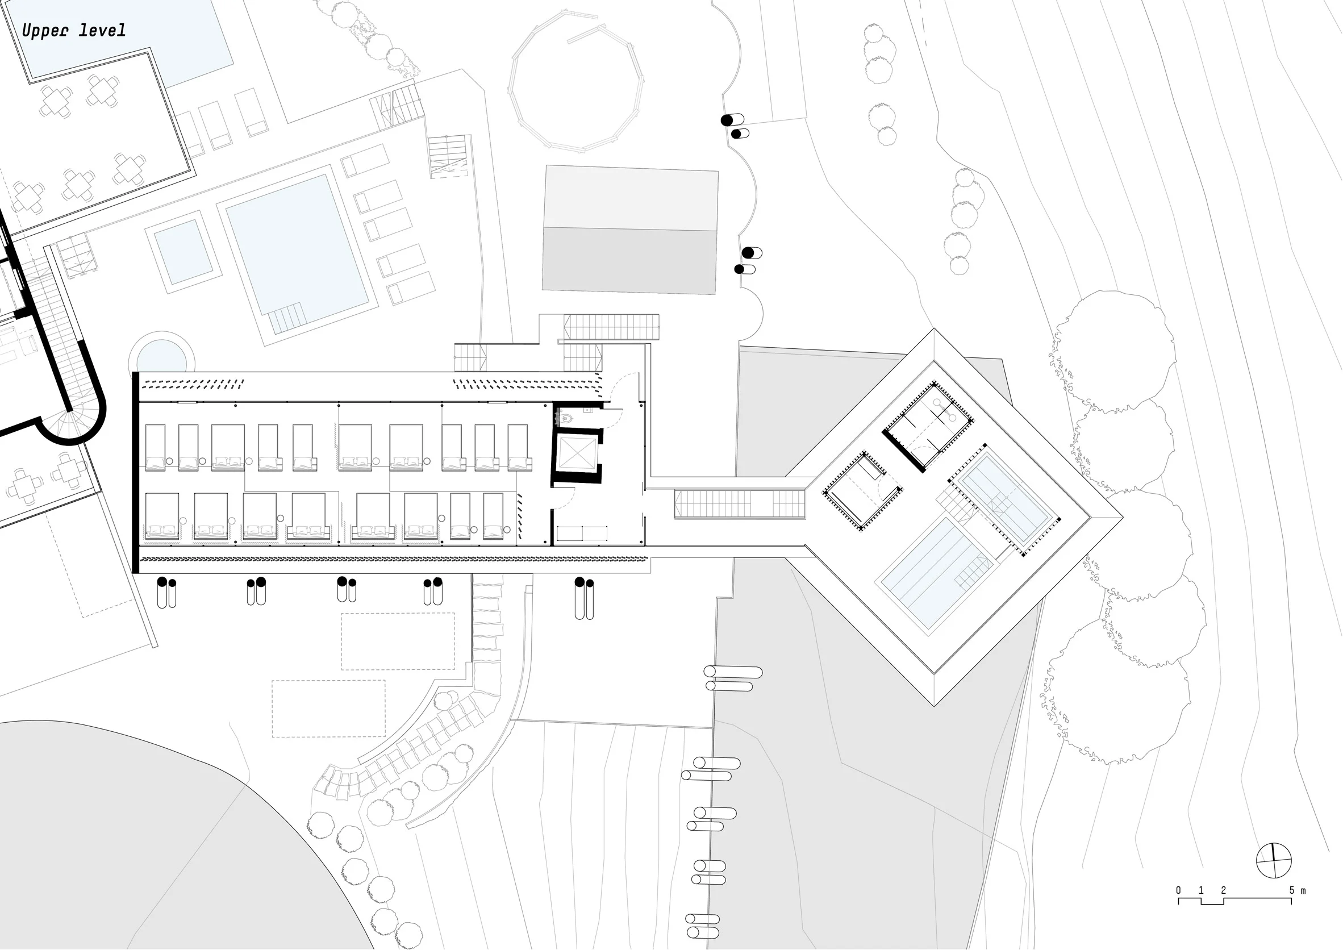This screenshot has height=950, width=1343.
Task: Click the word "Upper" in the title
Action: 44,31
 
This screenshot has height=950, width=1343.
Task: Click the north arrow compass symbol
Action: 1273,860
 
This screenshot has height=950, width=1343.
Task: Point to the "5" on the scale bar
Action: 1291,890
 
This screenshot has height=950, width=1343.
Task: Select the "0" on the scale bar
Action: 1179,890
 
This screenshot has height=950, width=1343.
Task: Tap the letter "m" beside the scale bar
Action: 1303,891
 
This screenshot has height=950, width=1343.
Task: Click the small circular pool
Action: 161,356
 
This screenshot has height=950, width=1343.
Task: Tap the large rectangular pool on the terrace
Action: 297,254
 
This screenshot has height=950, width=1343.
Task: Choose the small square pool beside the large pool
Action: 183,252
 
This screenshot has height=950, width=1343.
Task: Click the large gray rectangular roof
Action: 630,230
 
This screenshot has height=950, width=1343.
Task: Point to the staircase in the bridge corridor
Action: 740,503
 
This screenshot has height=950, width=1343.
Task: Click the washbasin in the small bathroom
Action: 588,410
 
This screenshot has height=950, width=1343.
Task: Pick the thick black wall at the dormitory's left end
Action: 136,472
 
